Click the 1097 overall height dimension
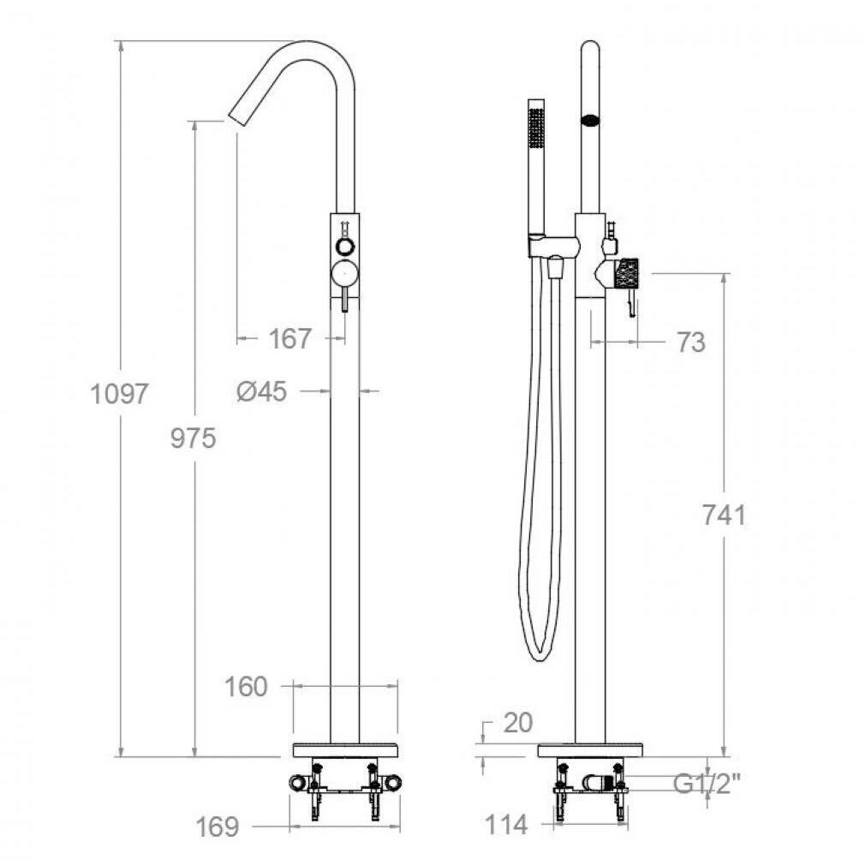point(119,395)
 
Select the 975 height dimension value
point(193,438)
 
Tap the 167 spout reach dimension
point(290,338)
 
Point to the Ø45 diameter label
point(262,391)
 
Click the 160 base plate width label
point(246,687)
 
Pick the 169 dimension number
point(218,826)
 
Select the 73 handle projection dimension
point(691,343)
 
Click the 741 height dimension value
point(724,516)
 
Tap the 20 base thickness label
point(518,723)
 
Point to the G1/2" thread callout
point(707,783)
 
